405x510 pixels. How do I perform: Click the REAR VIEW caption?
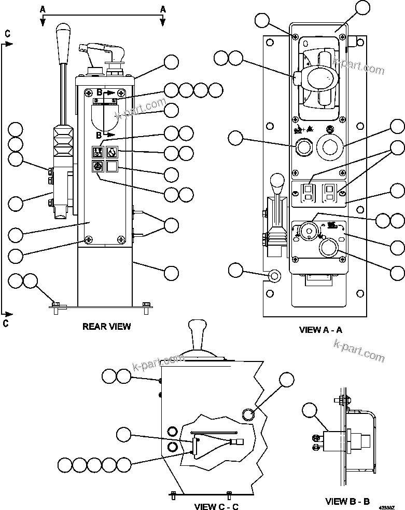click(106, 327)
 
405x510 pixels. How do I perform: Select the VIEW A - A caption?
click(320, 329)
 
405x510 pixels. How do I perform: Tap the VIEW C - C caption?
click(216, 506)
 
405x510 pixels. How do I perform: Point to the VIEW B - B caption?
click(347, 501)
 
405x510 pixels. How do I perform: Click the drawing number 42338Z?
click(393, 504)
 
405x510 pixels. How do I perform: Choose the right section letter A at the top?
click(163, 8)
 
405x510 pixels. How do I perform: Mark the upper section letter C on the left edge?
click(7, 33)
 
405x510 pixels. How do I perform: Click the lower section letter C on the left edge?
click(7, 323)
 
